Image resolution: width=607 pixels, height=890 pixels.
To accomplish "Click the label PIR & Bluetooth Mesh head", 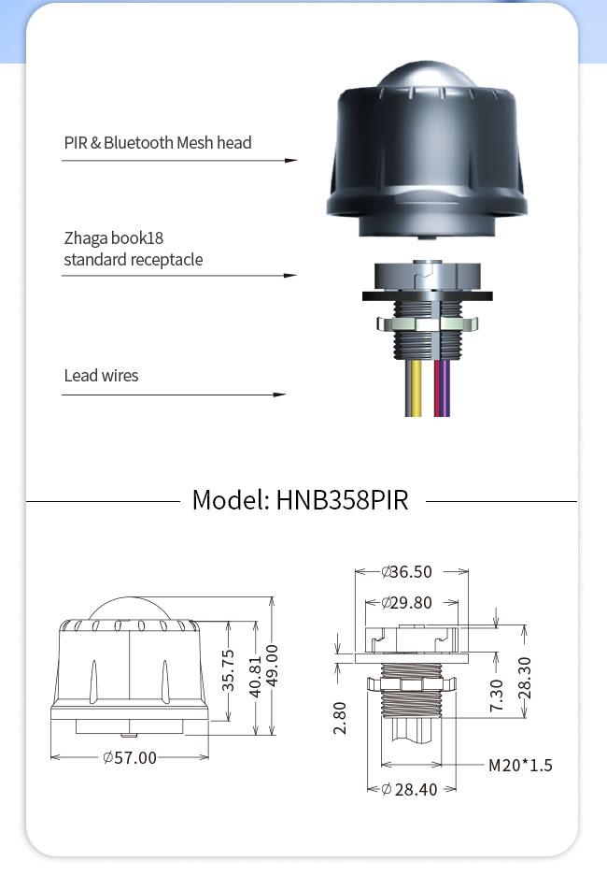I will (x=157, y=143).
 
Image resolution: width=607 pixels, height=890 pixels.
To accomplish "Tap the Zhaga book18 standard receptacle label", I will (x=133, y=249).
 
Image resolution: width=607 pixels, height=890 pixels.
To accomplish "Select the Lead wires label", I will (x=101, y=376).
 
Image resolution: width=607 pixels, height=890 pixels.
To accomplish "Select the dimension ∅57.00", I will (x=130, y=757).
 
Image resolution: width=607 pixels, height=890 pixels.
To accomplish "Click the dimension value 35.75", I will (x=229, y=670).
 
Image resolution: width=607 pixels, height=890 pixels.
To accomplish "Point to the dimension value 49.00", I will (x=272, y=665).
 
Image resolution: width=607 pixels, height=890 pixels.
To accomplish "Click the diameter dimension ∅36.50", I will (x=407, y=572).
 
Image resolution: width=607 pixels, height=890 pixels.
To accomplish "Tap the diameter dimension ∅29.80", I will (x=407, y=603).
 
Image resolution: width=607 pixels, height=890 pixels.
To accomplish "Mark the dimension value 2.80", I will (x=340, y=717).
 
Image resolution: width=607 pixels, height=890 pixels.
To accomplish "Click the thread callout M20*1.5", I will (x=520, y=766).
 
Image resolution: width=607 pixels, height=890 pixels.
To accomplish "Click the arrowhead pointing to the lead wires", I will (x=279, y=395).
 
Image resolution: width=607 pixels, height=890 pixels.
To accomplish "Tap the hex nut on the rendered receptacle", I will (x=427, y=324).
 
